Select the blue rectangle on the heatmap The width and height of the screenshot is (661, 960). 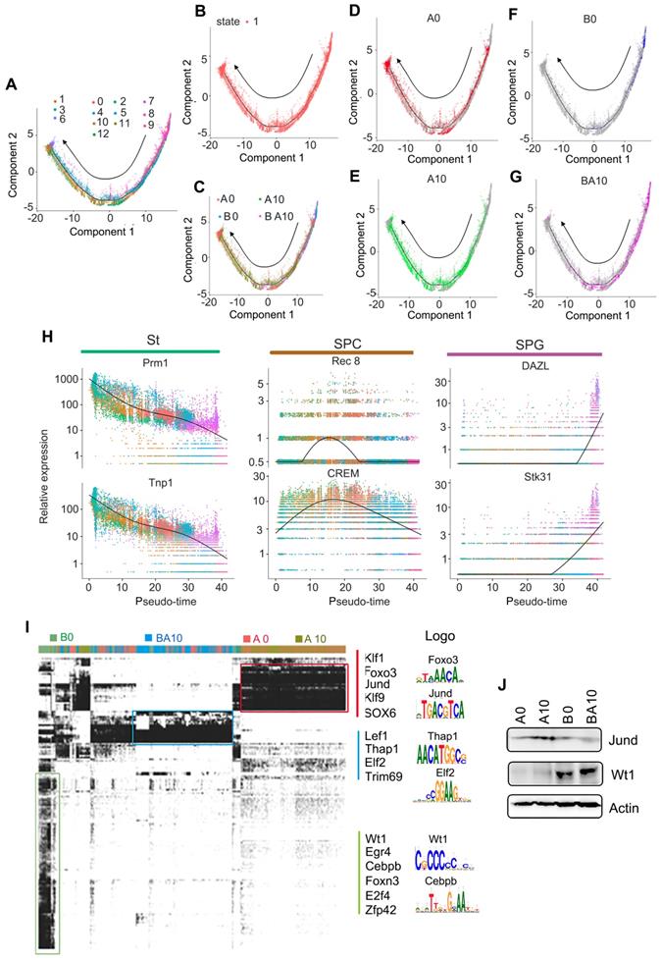(182, 727)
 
